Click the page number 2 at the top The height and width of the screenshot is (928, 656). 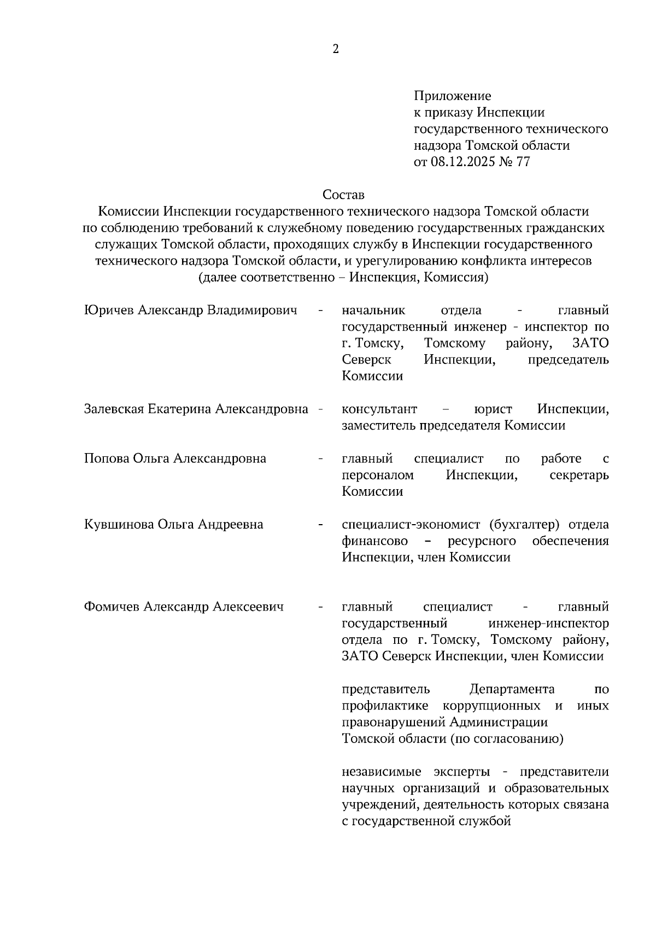336,50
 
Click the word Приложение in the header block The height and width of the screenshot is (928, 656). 452,96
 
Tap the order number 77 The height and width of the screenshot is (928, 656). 523,162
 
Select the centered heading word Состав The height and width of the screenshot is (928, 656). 343,195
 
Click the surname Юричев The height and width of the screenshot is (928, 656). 109,310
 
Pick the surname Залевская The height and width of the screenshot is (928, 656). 114,409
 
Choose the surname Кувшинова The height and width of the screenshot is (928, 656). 119,525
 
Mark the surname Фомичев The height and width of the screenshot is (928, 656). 112,607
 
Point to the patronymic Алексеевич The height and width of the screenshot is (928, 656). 248,607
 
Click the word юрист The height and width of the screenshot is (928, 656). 494,409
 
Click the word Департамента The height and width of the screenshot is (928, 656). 512,689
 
